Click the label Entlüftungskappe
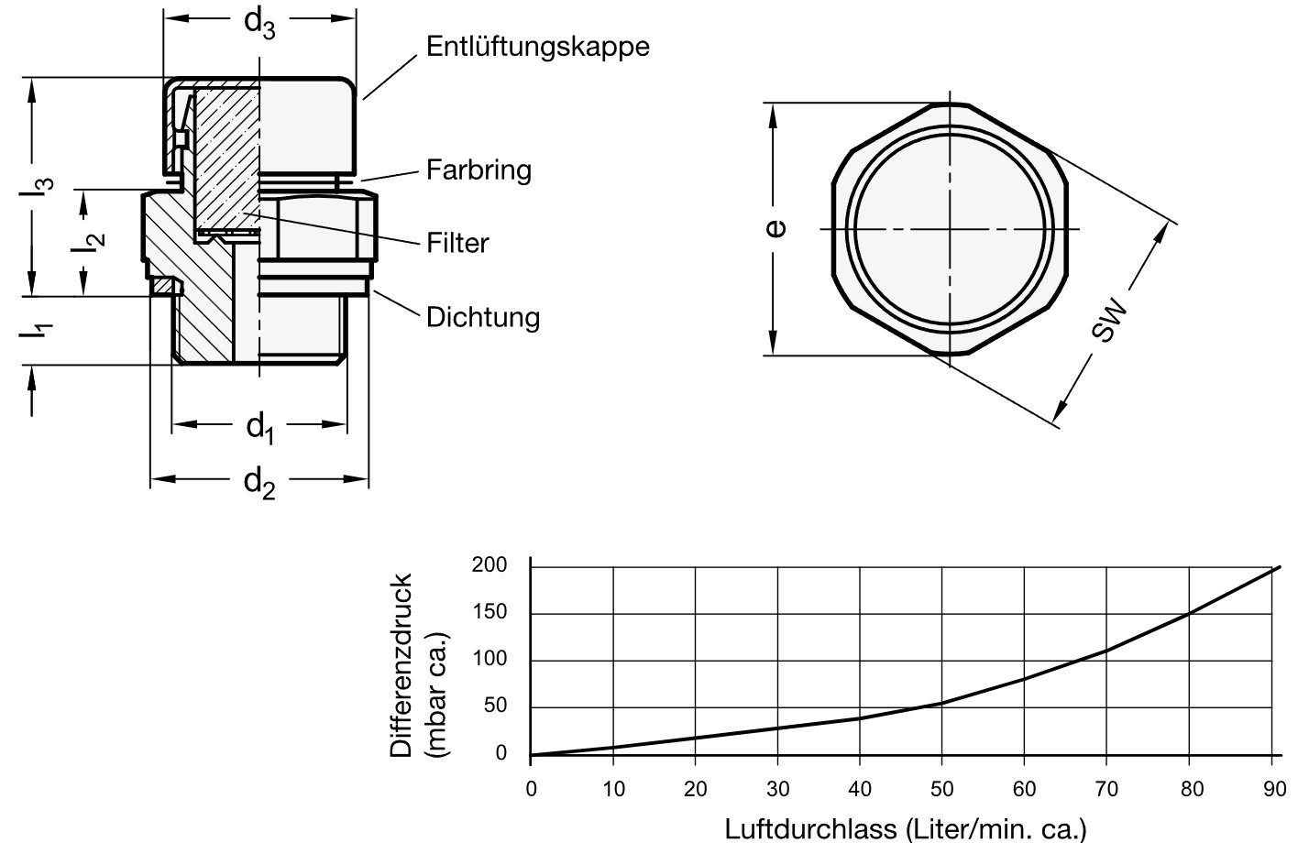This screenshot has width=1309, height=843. [537, 48]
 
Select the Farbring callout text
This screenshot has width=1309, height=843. [478, 170]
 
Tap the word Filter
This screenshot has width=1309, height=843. [457, 243]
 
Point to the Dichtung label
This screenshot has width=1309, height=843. [482, 317]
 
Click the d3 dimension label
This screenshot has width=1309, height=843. [258, 23]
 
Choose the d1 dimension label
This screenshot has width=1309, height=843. [260, 427]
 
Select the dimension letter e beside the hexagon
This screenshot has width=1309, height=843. [775, 227]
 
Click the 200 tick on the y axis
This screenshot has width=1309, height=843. [489, 564]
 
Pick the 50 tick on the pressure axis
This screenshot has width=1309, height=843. [494, 706]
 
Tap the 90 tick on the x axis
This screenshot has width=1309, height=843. [1273, 789]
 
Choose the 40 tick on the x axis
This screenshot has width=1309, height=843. [860, 789]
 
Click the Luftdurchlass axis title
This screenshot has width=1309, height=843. [905, 829]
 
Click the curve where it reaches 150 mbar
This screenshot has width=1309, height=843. [1189, 613]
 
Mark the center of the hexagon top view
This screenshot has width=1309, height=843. [951, 228]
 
